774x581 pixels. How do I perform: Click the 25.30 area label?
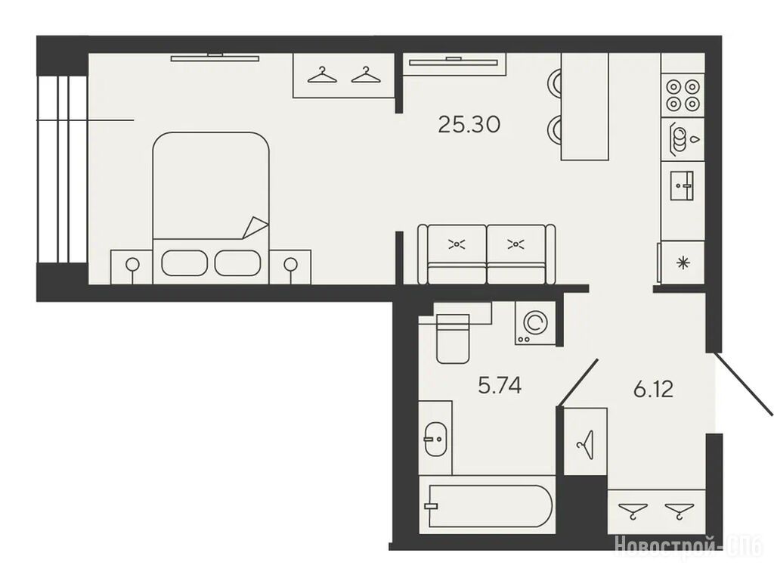coord(469,125)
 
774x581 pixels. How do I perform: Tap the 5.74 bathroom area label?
coord(500,385)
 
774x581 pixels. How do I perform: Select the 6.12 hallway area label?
coord(654,390)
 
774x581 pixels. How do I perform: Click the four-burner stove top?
coord(683,95)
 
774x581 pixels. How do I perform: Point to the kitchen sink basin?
coord(682,186)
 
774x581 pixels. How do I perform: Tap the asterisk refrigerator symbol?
coord(683,263)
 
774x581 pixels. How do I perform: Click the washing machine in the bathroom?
coord(534,323)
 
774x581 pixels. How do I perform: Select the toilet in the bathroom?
coord(452,339)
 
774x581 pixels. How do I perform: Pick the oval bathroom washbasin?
coord(435,439)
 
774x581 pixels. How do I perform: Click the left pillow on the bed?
coord(184,263)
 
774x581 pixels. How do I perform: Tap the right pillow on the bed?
coord(237,263)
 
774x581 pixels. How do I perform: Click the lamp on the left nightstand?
coord(132,266)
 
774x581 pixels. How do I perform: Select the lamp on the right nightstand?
coord(291,266)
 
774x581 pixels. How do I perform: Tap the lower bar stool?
coord(554,129)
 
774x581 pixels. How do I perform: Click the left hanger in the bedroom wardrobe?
coord(322,75)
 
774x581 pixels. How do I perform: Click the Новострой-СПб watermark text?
coord(689,546)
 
